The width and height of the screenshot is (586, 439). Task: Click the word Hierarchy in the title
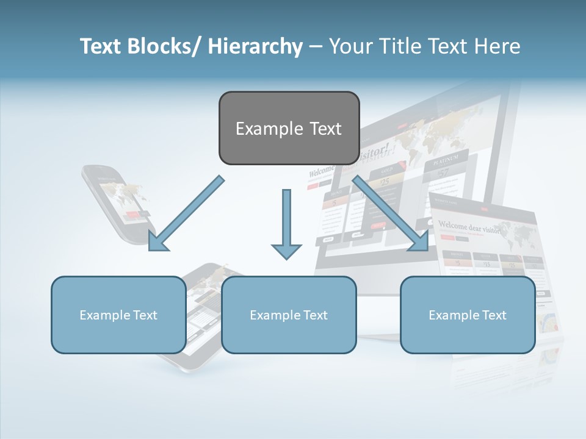point(255,47)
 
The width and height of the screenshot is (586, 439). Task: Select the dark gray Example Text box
point(289,129)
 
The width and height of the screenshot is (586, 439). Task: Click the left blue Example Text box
point(118,315)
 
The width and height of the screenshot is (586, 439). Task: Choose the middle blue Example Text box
point(289,315)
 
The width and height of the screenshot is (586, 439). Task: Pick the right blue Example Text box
point(468,315)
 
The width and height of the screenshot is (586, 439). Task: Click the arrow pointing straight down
point(286,223)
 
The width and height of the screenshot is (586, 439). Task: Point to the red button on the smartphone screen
point(133,215)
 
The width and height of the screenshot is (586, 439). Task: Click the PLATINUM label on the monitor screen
point(445,160)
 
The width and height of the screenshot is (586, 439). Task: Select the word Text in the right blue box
point(494,315)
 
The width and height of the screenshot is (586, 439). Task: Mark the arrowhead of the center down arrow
point(286,251)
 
